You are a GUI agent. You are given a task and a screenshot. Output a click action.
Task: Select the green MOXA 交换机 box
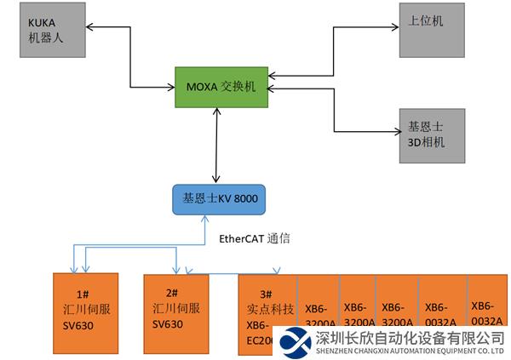pyautogui.click(x=222, y=87)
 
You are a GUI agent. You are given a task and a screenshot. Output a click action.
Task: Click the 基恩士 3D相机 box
pyautogui.click(x=433, y=134)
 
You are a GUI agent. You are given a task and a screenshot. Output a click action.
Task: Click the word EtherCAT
pyautogui.click(x=242, y=239)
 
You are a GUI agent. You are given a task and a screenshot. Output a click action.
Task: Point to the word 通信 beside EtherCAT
pyautogui.click(x=278, y=239)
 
